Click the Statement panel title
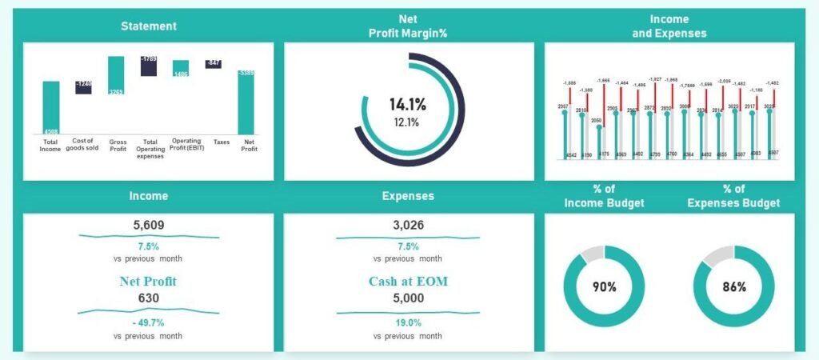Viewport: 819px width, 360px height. coord(149,26)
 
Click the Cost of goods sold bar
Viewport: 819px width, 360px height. coord(83,87)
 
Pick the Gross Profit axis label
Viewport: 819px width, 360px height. coord(118,145)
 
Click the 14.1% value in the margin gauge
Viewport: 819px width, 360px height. coord(408,104)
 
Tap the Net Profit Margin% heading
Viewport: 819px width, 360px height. coord(408,26)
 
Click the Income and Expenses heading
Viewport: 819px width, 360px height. coord(669,26)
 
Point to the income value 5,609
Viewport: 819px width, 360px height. coord(148,226)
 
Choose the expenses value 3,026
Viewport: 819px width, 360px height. coord(408,226)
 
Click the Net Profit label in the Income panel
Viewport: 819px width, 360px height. coord(148,281)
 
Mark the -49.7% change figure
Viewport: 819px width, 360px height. coord(148,322)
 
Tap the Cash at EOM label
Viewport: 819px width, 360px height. coord(408,281)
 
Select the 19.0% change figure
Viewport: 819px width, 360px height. coord(408,322)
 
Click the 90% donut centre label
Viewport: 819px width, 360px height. coord(605,286)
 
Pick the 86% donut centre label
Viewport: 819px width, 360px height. coord(734,286)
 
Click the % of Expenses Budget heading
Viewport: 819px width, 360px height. coord(734,196)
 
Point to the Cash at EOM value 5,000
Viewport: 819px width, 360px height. coord(408,298)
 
